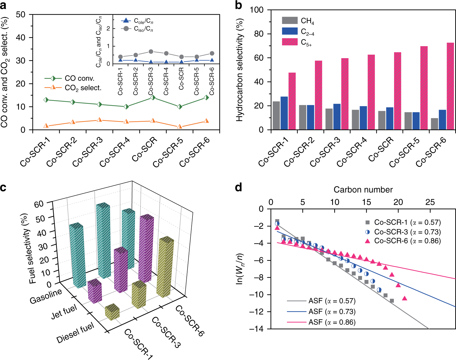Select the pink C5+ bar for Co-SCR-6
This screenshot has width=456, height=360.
click(x=450, y=86)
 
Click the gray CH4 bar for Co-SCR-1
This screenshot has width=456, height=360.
click(x=276, y=115)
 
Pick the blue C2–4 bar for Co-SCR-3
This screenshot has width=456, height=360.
click(x=329, y=117)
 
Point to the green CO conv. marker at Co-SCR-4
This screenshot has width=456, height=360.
click(x=126, y=107)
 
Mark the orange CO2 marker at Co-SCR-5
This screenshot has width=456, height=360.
click(x=180, y=127)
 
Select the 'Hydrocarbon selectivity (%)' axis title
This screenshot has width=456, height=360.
click(x=240, y=70)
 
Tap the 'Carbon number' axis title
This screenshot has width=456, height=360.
click(x=363, y=190)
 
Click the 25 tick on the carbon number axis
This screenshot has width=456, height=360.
click(x=430, y=202)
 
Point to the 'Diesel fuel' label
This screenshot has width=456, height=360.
click(x=75, y=333)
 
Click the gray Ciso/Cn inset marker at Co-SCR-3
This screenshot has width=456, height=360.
click(x=151, y=52)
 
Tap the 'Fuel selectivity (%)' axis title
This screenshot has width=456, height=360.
click(x=33, y=248)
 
